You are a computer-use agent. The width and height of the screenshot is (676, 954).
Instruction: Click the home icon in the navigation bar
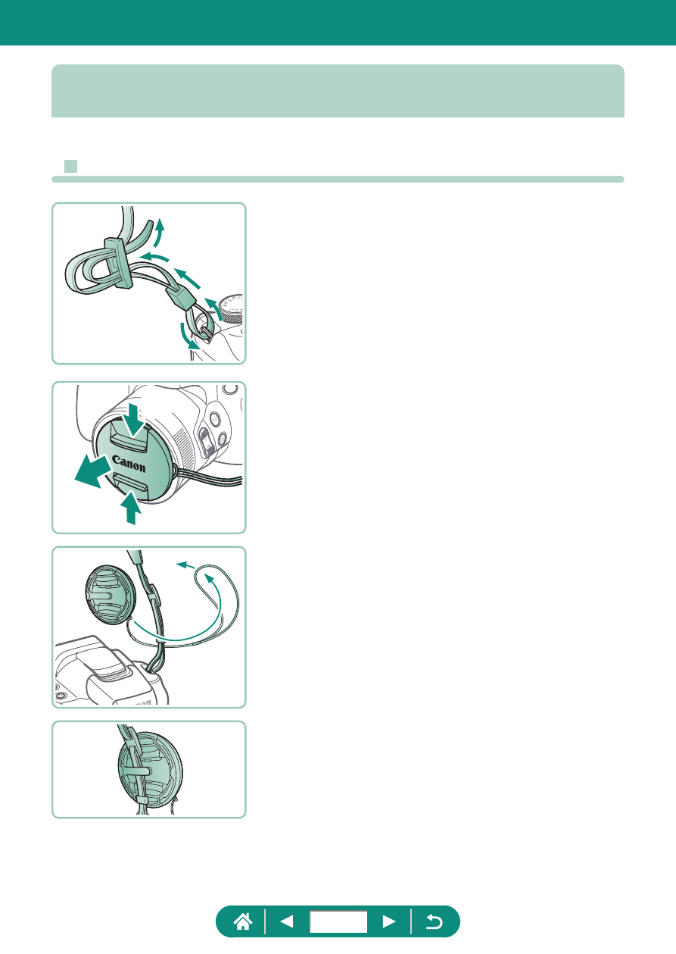(243, 922)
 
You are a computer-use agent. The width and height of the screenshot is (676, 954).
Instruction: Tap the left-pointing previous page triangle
(287, 921)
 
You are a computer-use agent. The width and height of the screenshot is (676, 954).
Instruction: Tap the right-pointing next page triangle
(389, 921)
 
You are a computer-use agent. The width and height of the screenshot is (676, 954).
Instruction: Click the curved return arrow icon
(434, 922)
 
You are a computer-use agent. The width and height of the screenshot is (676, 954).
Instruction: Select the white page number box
(338, 922)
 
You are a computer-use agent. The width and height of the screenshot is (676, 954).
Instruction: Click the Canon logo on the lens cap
(129, 464)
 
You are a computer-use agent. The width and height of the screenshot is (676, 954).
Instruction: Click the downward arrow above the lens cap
(135, 421)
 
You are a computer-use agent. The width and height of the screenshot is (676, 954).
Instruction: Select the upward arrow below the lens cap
(131, 507)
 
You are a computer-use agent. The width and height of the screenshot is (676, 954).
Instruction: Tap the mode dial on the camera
(232, 308)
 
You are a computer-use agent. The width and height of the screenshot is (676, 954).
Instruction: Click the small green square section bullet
(70, 166)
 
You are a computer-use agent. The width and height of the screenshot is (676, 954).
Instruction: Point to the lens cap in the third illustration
(111, 595)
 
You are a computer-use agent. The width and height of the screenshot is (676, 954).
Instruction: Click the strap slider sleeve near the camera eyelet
(182, 296)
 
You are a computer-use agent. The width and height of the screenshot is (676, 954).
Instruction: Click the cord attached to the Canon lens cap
(208, 477)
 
